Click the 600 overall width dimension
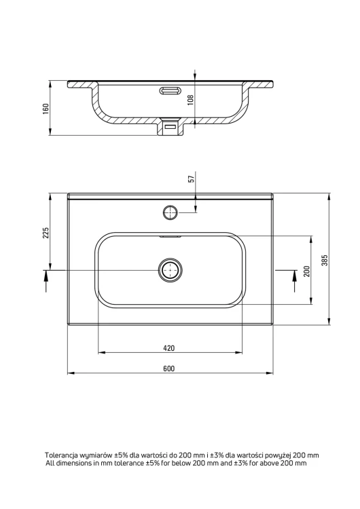pyautogui.click(x=168, y=369)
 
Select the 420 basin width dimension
pyautogui.click(x=168, y=348)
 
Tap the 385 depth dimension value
pyautogui.click(x=325, y=260)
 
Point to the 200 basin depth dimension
pyautogui.click(x=307, y=271)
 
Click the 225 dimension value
pyautogui.click(x=46, y=233)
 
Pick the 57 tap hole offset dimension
pyautogui.click(x=192, y=179)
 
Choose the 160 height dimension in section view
pyautogui.click(x=46, y=109)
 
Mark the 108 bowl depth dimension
pyautogui.click(x=191, y=100)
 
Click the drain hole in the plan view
pyautogui.click(x=170, y=269)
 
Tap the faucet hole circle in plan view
pyautogui.click(x=170, y=212)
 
